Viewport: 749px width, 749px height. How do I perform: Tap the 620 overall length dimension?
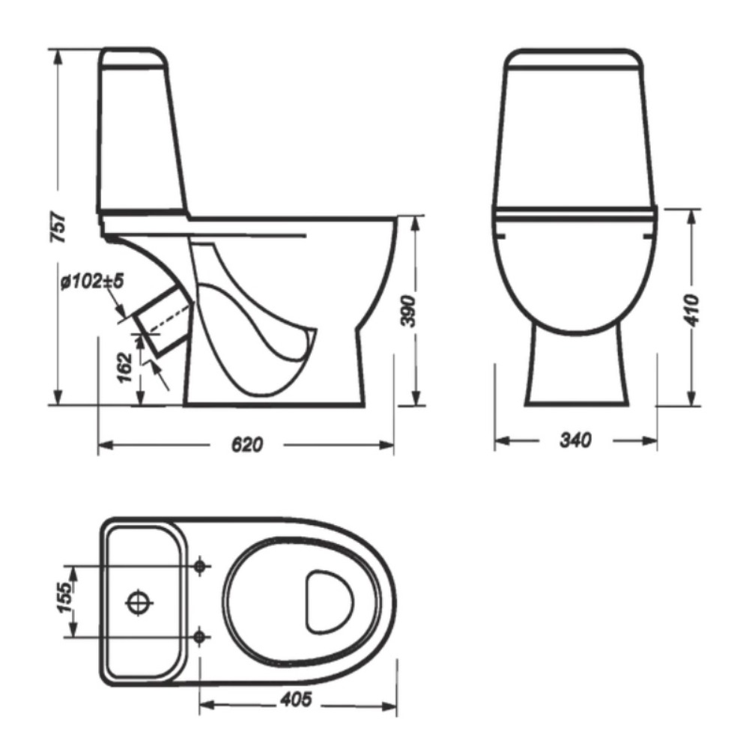(x=247, y=445)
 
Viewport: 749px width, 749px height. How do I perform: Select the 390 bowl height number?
(x=408, y=311)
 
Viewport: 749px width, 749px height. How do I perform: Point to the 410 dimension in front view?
(x=691, y=311)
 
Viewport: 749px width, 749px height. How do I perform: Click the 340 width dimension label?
(x=575, y=440)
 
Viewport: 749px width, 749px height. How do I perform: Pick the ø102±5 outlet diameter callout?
(x=92, y=282)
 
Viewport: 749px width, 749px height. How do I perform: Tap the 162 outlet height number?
(x=124, y=367)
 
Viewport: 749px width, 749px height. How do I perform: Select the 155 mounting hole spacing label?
(x=64, y=597)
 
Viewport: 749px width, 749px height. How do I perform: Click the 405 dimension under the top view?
(x=296, y=700)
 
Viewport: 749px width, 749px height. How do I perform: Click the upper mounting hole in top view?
(x=200, y=566)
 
